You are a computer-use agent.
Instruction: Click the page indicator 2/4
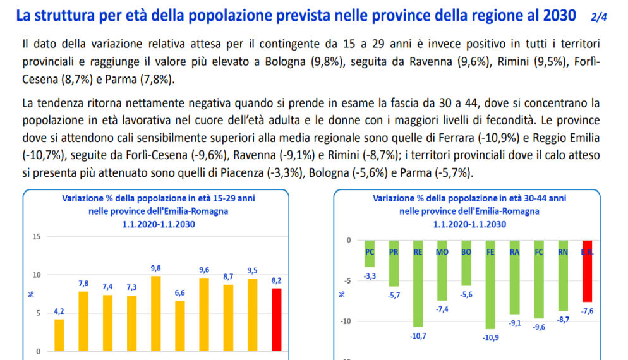[x=598, y=17]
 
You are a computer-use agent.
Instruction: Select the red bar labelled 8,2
[x=276, y=320]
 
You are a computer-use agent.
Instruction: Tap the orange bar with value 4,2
[x=59, y=335]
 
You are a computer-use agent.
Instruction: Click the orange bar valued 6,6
[x=180, y=326]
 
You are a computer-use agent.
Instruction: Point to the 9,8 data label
[x=156, y=268]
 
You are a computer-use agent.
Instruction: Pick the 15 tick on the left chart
[x=37, y=237]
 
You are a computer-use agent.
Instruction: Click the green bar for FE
[x=490, y=285]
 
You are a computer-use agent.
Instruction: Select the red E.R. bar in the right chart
[x=587, y=271]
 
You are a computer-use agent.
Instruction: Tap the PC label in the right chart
[x=370, y=252]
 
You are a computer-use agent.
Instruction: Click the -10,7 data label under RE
[x=418, y=337]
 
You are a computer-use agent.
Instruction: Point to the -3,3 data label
[x=370, y=276]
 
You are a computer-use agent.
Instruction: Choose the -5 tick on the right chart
[x=347, y=280]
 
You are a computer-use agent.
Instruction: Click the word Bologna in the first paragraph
[x=285, y=62]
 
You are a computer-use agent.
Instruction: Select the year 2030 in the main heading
[x=560, y=15]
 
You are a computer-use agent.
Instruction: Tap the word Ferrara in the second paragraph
[x=456, y=138]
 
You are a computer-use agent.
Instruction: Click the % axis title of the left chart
[x=31, y=294]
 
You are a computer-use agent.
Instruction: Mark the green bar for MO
[x=442, y=271]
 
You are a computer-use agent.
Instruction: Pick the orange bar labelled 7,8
[x=83, y=321]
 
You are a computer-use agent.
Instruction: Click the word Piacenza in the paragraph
[x=242, y=172]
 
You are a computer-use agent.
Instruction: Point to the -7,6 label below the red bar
[x=587, y=311]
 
